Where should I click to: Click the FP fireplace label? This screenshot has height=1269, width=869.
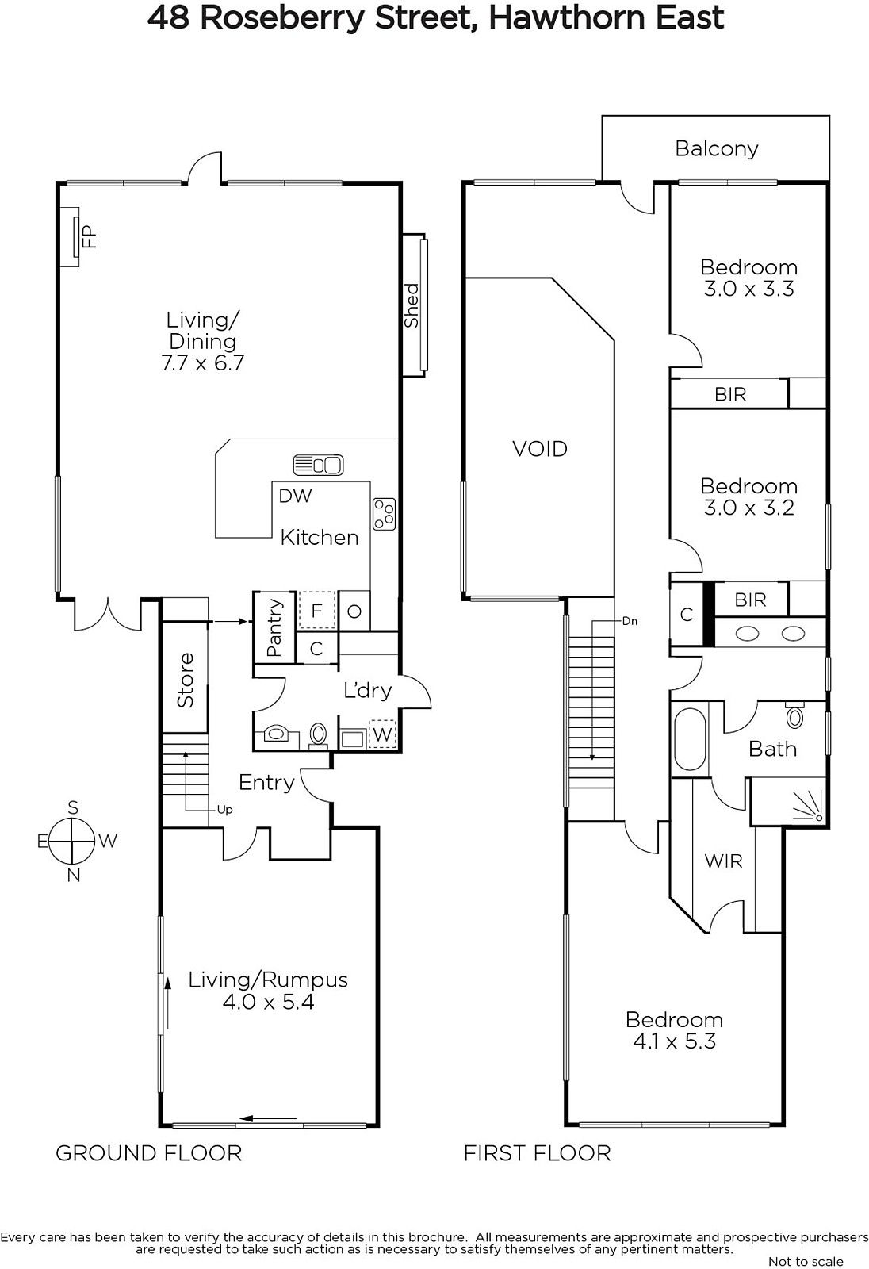point(90,237)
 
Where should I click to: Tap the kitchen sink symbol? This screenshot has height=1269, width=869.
point(319,465)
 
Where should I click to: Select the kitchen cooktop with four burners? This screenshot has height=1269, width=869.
point(384,514)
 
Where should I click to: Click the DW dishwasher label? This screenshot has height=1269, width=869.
point(295,496)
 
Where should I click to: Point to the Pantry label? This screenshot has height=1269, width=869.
point(274,627)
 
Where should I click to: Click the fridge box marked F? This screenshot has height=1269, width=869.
point(316,610)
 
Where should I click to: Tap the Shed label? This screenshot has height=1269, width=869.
point(412,305)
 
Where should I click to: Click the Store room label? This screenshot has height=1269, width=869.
point(186,681)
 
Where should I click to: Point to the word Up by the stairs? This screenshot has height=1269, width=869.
point(225,810)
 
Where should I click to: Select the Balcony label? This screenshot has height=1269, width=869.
point(717,149)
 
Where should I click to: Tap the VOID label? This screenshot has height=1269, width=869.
point(540,449)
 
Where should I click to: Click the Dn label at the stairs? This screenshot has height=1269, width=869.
point(630,621)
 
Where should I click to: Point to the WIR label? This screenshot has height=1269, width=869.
point(723,861)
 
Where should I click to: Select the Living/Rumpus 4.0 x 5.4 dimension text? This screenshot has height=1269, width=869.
point(269,1002)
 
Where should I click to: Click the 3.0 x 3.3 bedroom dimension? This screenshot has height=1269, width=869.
point(749,289)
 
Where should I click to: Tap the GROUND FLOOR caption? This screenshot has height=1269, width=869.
point(149,1153)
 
